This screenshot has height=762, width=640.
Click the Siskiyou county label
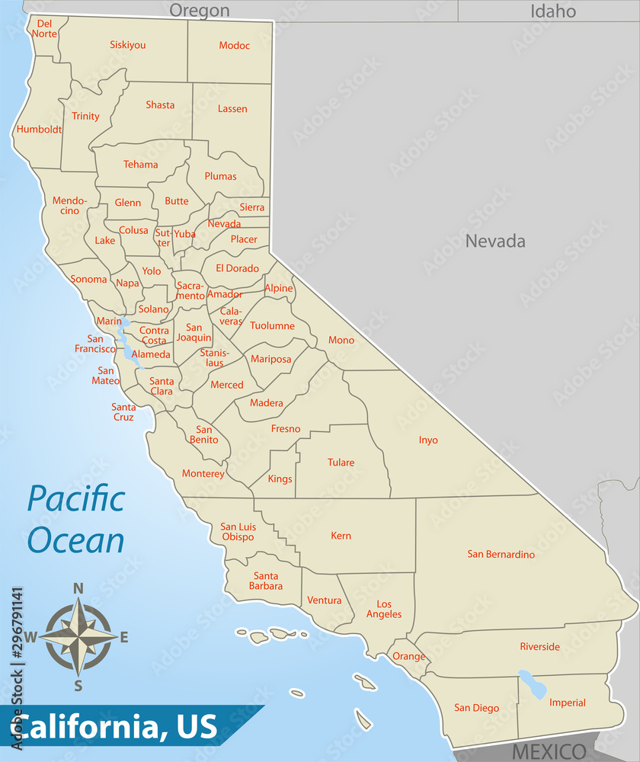(127, 45)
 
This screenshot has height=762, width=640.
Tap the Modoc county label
(234, 46)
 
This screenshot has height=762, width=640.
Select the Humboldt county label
(39, 129)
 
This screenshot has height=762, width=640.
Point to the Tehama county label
(141, 165)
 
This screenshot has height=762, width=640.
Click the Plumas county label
(220, 176)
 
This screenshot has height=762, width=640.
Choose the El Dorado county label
(237, 268)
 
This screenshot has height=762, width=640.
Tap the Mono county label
(341, 340)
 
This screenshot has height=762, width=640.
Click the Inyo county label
(428, 440)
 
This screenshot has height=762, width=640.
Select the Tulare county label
(341, 463)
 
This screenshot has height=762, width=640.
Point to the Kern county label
(341, 536)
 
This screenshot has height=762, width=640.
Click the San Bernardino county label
(501, 554)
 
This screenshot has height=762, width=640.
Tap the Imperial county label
(568, 703)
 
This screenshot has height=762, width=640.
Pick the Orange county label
(408, 657)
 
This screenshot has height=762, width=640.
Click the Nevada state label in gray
(495, 242)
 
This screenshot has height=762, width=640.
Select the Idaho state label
(553, 11)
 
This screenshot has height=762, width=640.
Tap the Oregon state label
(199, 10)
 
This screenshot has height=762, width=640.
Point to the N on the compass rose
(78, 588)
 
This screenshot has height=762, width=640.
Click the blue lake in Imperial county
(533, 685)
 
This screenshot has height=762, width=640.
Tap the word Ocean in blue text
(75, 539)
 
